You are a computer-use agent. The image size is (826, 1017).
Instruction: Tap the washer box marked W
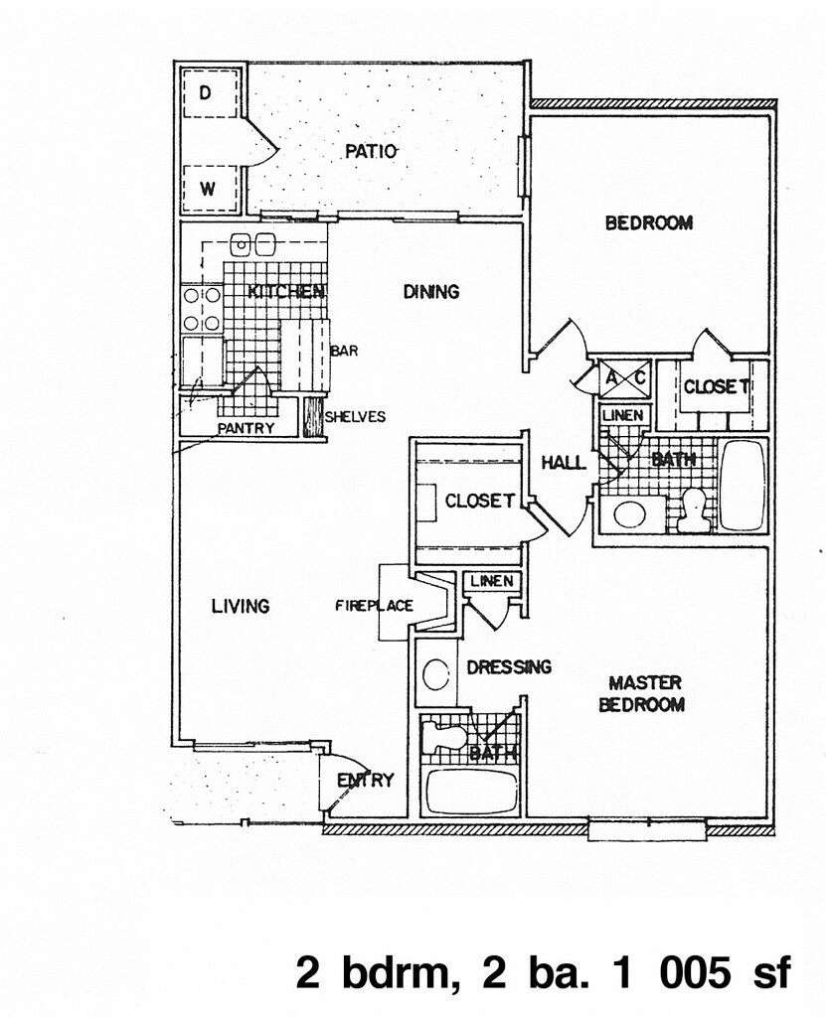pos(209,189)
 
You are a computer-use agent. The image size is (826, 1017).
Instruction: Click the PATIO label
pos(372,152)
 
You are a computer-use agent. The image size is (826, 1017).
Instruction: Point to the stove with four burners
pos(202,309)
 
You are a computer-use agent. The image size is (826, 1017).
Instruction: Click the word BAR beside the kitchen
pos(344,351)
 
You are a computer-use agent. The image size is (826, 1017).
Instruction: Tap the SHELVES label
pos(355,417)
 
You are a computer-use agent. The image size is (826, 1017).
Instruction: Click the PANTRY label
pos(247,428)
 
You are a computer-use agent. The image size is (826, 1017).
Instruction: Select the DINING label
pos(431,292)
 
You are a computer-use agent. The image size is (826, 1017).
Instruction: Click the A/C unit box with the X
pos(624,378)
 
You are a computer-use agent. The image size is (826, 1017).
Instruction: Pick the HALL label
pos(564,463)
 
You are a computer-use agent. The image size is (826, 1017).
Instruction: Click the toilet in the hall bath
pos(693,510)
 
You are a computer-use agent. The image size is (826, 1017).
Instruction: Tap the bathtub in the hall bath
pos(743,486)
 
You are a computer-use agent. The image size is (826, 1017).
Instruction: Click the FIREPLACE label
pos(375,606)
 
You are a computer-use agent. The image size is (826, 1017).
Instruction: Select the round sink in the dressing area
pos(436,674)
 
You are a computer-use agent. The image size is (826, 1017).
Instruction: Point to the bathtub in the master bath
pos(472,792)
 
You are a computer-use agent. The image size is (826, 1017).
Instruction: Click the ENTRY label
pos(366,781)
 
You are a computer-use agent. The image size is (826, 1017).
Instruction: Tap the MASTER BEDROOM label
pos(641,693)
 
